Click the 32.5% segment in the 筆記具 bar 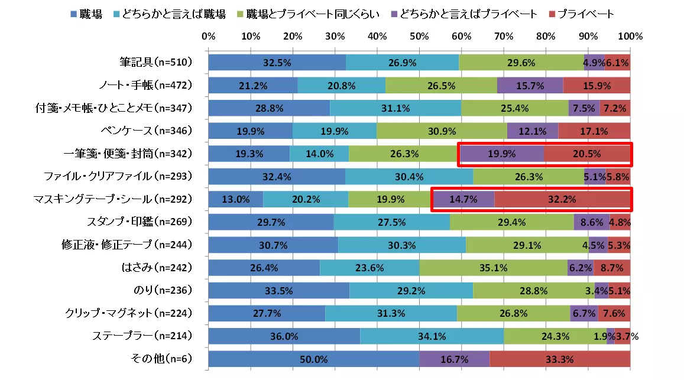pos(277,63)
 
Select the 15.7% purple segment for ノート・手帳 pos(530,86)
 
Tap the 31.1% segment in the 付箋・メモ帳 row pos(396,108)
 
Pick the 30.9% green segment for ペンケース pos(442,131)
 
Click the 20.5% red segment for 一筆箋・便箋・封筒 pos(586,154)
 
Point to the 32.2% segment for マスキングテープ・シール pos(562,199)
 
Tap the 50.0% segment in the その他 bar pos(313,359)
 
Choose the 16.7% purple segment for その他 pos(454,359)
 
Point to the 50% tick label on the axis pos(419,37)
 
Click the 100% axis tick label pos(630,37)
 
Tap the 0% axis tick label pos(208,37)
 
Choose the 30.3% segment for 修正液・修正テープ pos(401,245)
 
